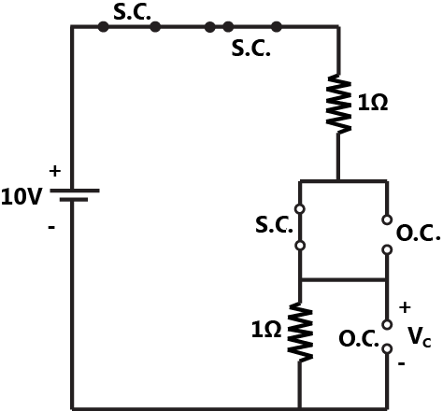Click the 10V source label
(23, 197)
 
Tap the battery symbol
(73, 194)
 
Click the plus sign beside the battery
(53, 172)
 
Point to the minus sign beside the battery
(51, 225)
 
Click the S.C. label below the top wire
(250, 48)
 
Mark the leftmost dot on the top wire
(102, 27)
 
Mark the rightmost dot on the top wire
(276, 27)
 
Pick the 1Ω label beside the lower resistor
(266, 329)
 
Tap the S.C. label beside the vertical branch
(275, 225)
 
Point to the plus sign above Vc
(406, 306)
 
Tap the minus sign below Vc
(402, 365)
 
